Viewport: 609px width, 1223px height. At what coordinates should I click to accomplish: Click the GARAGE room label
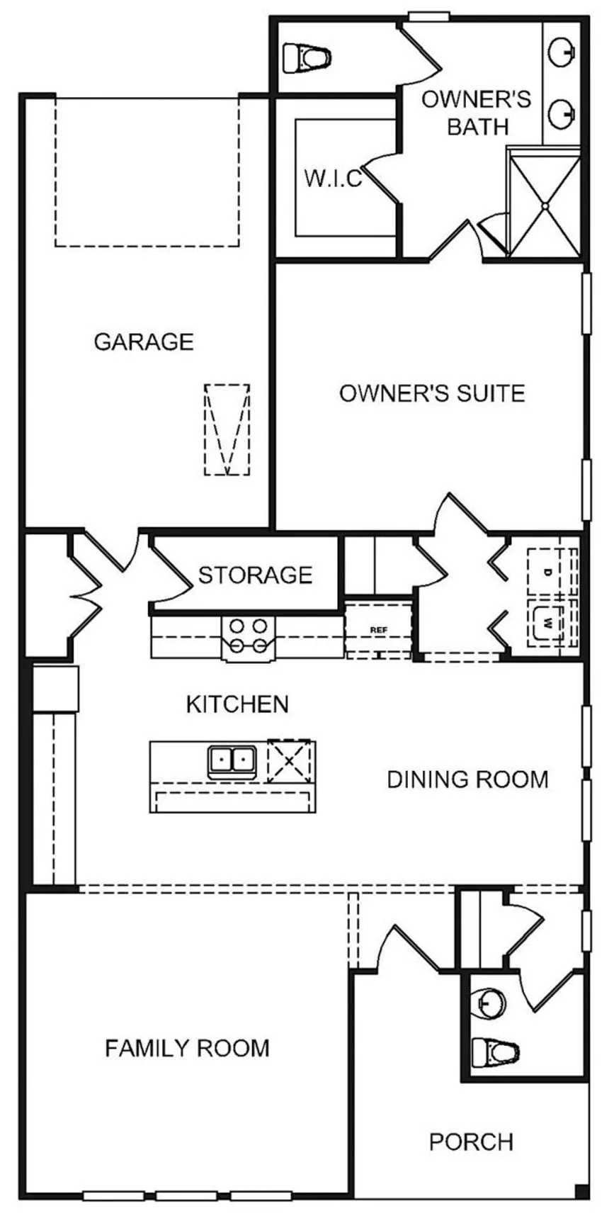[x=144, y=342]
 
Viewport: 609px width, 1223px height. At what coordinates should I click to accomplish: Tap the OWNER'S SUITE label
[x=432, y=393]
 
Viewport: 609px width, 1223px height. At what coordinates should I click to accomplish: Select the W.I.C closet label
[x=333, y=178]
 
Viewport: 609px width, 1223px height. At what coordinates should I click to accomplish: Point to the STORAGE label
[x=255, y=575]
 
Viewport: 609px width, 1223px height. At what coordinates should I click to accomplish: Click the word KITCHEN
[x=237, y=704]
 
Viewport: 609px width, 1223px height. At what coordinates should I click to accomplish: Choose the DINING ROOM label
[x=467, y=779]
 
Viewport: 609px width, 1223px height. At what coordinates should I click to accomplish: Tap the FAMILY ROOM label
[x=187, y=1048]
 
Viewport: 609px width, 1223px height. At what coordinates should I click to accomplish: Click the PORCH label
[x=471, y=1142]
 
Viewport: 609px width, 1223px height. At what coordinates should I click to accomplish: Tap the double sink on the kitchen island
[x=232, y=762]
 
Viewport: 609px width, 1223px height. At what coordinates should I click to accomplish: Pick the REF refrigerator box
[x=378, y=629]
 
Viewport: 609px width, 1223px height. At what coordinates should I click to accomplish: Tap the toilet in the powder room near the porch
[x=495, y=1052]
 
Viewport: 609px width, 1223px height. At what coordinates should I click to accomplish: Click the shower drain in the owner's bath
[x=545, y=205]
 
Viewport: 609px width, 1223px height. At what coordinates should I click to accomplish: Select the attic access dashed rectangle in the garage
[x=227, y=430]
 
